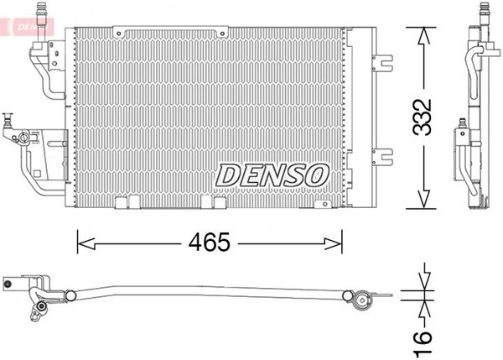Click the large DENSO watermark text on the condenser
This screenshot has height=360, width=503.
[272, 175]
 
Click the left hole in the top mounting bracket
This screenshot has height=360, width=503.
[120, 33]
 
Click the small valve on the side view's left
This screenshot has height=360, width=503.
[462, 132]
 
